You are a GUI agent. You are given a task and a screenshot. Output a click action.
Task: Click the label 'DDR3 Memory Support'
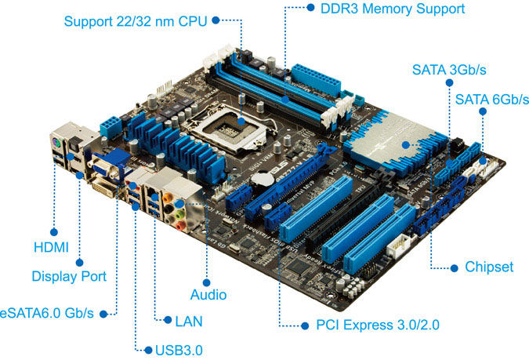[x=393, y=9]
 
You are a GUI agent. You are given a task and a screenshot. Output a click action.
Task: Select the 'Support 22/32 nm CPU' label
[x=136, y=21]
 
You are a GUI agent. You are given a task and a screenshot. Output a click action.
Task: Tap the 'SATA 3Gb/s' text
[x=449, y=70]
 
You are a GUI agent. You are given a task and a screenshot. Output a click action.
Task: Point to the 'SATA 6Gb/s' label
[x=492, y=100]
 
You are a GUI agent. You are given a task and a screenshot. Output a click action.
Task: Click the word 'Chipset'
[x=489, y=267]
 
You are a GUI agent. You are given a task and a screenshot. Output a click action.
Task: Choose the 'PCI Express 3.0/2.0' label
[x=378, y=325]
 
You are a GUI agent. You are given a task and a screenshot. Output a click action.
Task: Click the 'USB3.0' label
[x=179, y=351]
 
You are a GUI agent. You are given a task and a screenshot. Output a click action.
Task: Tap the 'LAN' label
[x=189, y=321]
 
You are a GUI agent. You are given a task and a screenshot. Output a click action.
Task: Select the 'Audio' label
[x=208, y=294]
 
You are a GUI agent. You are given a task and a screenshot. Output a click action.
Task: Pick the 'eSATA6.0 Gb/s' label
[x=46, y=313]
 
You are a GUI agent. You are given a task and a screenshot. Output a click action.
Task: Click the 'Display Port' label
[x=69, y=276]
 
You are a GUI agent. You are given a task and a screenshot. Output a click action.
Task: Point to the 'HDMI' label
[x=51, y=248]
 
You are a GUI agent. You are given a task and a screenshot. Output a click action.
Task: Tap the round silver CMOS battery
[x=263, y=179]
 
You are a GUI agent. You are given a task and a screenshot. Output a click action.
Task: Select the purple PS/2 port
[x=56, y=144]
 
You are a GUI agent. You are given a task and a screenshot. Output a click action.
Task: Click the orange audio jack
[x=168, y=197]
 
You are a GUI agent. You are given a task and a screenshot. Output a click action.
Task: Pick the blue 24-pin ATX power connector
[x=316, y=80]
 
